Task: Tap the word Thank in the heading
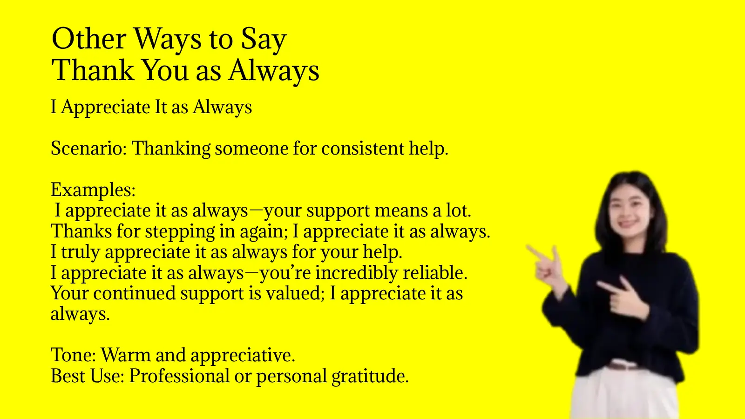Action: (x=92, y=71)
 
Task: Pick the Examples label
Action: (x=93, y=190)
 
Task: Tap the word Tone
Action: (x=73, y=355)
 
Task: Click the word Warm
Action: (x=125, y=355)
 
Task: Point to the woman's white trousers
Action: (x=624, y=396)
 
